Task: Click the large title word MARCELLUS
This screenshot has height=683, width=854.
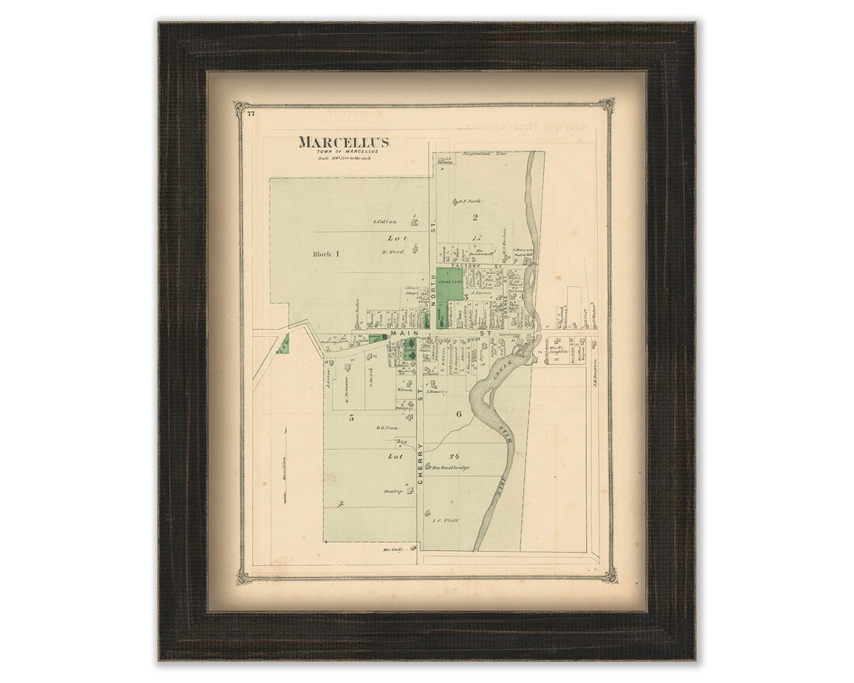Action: click(x=343, y=142)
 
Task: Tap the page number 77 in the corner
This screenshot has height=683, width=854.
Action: click(x=250, y=115)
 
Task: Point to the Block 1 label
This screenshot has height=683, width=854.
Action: click(x=326, y=254)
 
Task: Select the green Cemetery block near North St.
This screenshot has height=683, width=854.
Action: click(x=449, y=283)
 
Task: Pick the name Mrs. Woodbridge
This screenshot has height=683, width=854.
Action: click(x=451, y=468)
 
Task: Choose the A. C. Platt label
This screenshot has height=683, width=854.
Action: click(x=445, y=521)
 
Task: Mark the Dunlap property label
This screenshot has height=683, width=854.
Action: click(x=394, y=492)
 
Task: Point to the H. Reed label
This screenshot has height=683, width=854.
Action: click(x=392, y=252)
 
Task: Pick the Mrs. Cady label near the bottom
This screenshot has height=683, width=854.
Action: click(x=393, y=549)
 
